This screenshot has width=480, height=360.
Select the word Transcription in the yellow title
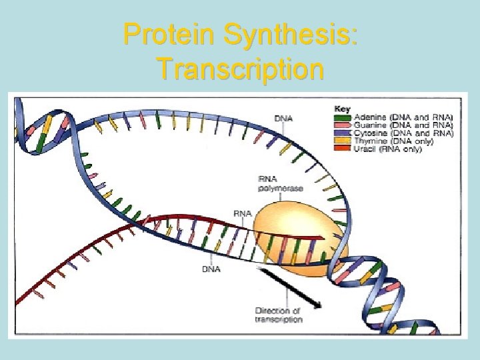(x=240, y=68)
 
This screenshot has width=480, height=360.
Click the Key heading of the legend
(x=342, y=109)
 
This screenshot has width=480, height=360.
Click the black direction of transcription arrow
(x=289, y=287)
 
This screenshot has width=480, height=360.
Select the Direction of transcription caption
(x=278, y=315)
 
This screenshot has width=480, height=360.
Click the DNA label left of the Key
(x=283, y=119)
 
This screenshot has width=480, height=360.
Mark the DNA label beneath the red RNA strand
(x=211, y=269)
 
